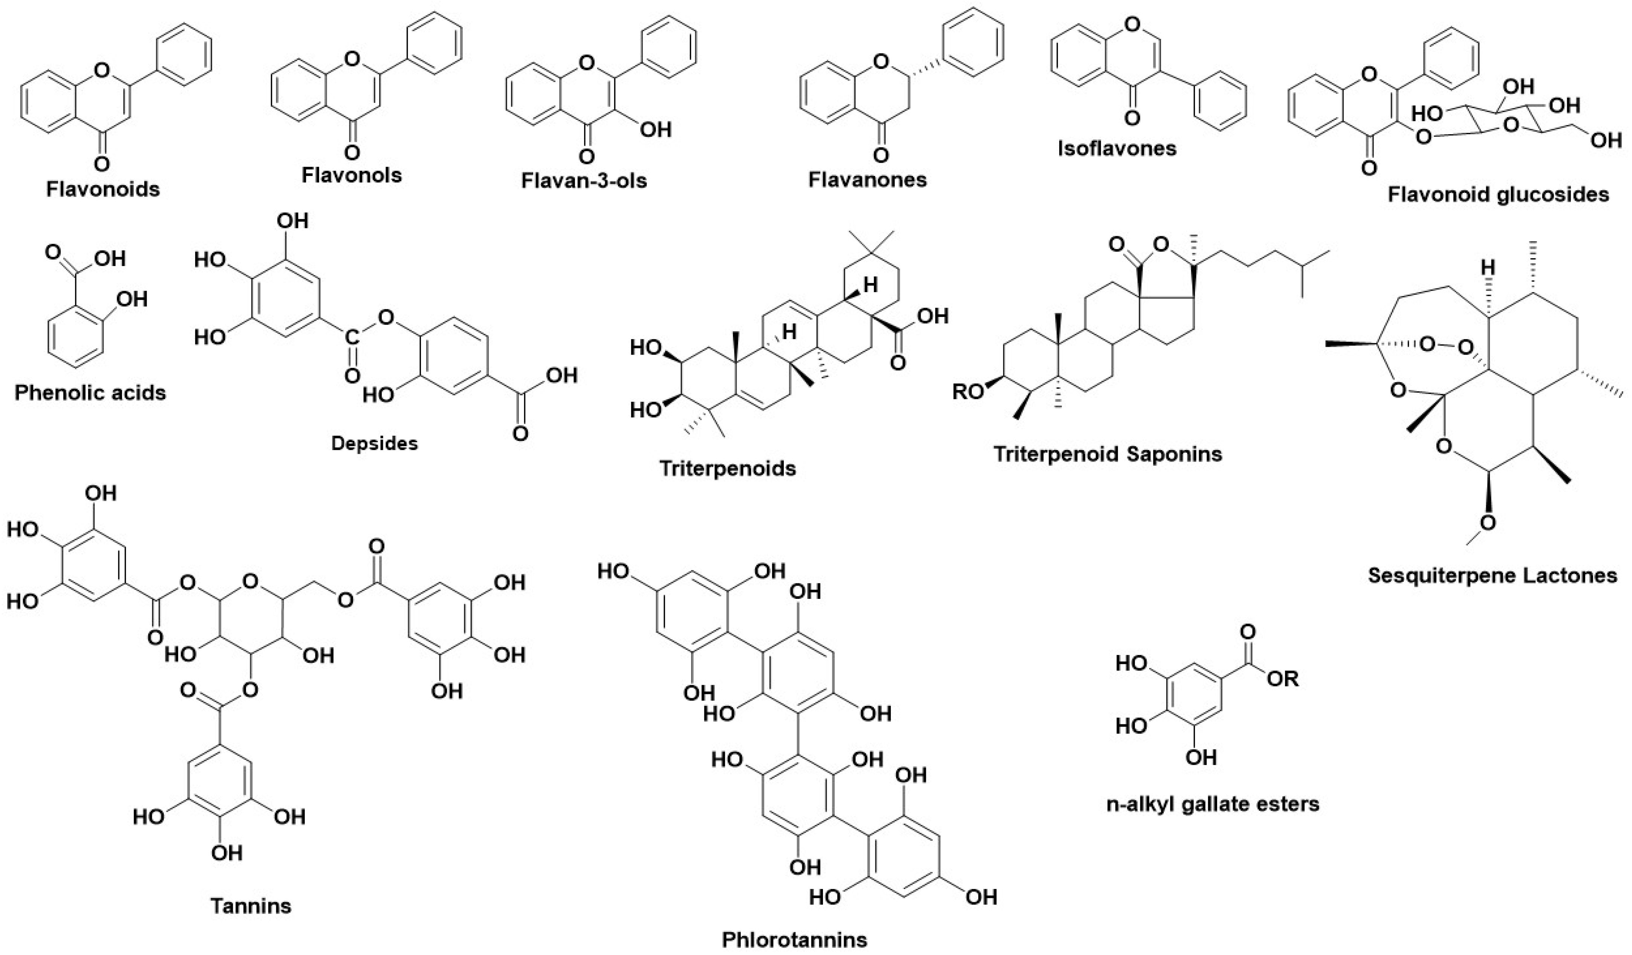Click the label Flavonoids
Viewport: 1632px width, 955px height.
[x=103, y=190]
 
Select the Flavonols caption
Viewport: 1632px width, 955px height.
[x=352, y=175]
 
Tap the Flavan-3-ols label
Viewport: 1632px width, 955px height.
[x=584, y=181]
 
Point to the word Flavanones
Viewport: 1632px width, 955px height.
[x=867, y=179]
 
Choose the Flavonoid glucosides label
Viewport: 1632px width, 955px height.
[x=1498, y=194]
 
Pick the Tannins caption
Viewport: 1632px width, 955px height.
[x=251, y=905]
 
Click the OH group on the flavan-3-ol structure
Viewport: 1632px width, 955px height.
[x=655, y=130]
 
